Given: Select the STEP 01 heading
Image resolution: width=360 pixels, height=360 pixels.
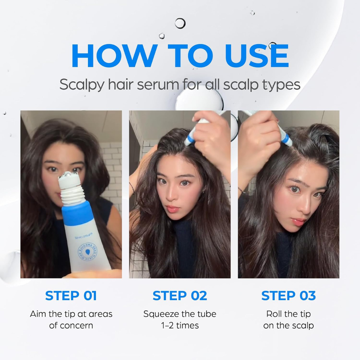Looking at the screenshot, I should [71, 296].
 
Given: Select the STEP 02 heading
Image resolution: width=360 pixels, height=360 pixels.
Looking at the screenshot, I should [180, 296].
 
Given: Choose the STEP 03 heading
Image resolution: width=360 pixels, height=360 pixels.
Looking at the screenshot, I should [288, 296].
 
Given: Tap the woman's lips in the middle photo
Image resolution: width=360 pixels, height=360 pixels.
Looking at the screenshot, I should [173, 209].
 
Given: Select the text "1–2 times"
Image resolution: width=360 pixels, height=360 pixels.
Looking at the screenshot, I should [180, 325].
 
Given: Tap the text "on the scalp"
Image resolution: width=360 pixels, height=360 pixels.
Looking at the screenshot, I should [288, 325].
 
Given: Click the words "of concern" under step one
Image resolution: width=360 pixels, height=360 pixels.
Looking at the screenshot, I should [71, 325].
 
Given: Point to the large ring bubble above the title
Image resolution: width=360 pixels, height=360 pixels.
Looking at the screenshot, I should [180, 23].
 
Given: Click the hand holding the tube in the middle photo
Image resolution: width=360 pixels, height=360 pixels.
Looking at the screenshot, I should [210, 133].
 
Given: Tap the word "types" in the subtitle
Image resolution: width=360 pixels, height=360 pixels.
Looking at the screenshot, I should [284, 85].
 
